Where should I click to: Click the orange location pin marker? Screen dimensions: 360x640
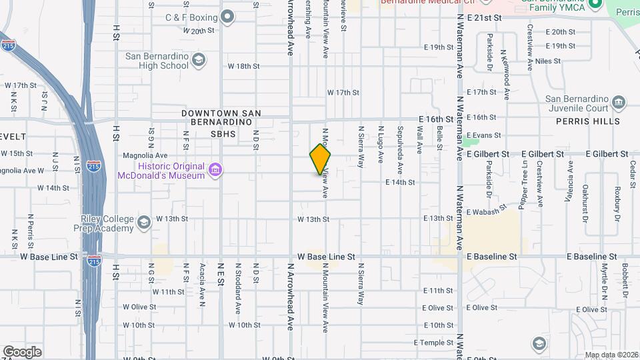click(x=320, y=159)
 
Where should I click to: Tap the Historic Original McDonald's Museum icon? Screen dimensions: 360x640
click(x=215, y=171)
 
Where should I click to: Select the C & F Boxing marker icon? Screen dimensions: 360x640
click(x=227, y=17)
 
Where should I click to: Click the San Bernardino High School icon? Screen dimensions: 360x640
click(x=198, y=61)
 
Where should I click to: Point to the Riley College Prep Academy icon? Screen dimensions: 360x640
click(x=144, y=221)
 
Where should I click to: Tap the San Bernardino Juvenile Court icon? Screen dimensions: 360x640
click(x=619, y=103)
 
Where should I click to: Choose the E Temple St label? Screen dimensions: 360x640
click(x=433, y=343)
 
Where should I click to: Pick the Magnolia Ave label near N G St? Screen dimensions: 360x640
click(x=145, y=155)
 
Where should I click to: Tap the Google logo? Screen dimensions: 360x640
click(x=21, y=352)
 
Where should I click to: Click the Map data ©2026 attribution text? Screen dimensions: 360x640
click(x=611, y=355)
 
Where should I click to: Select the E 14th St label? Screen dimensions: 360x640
click(x=400, y=182)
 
